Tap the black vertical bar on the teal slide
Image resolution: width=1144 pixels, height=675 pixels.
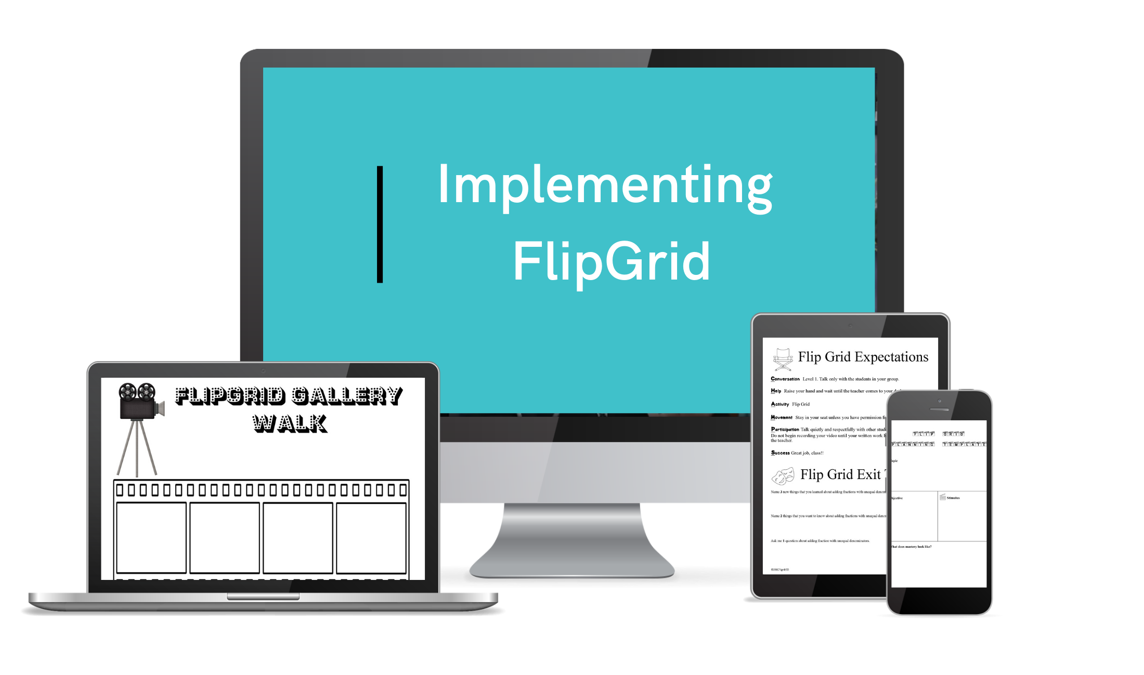(x=380, y=224)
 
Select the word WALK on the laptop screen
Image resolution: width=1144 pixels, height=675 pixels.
(x=290, y=424)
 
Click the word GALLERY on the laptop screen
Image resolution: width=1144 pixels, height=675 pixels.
(x=347, y=396)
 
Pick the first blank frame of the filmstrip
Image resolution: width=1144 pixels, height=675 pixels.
(x=151, y=537)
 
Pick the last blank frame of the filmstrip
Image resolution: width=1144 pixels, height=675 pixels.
(x=371, y=537)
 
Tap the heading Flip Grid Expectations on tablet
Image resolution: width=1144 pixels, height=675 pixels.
(x=863, y=357)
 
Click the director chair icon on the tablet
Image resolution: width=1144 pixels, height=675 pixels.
(x=783, y=359)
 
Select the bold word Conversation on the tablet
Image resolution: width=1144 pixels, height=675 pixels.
(x=785, y=379)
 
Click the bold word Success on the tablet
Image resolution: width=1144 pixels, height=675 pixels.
(x=780, y=453)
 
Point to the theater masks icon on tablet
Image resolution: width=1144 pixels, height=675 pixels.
(x=783, y=475)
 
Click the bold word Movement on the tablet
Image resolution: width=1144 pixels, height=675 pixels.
(x=781, y=417)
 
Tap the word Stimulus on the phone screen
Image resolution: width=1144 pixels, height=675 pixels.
(x=953, y=498)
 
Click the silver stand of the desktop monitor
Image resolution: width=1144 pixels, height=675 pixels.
(x=572, y=540)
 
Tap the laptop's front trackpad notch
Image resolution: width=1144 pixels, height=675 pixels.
(x=263, y=597)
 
